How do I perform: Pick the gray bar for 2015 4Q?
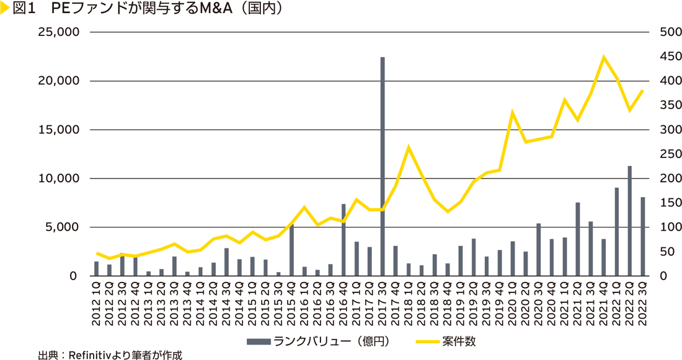(291, 250)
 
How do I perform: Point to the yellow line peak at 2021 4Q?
(603, 57)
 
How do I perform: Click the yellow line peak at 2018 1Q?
(409, 147)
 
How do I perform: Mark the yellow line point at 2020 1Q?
(513, 112)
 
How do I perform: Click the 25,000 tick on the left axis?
(55, 32)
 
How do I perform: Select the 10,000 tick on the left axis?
(55, 178)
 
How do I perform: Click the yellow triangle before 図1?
(4, 9)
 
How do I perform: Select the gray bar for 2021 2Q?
(577, 239)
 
